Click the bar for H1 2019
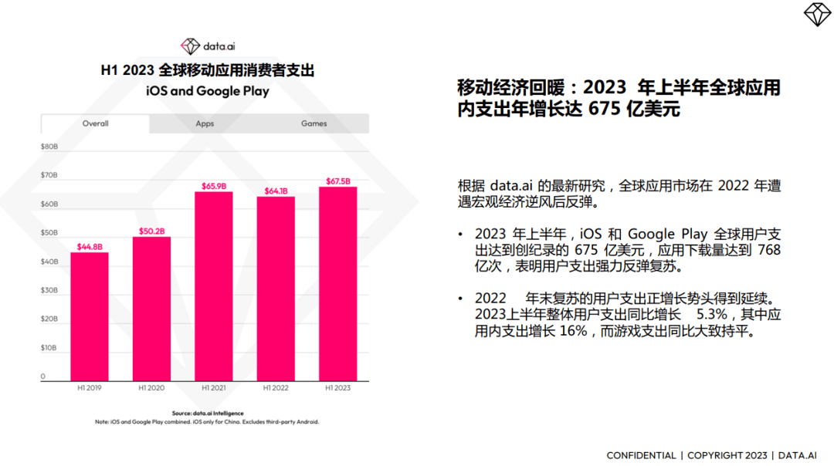click(x=90, y=316)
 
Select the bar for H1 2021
click(x=214, y=285)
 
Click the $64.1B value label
click(x=276, y=191)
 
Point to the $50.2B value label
click(x=151, y=231)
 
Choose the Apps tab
click(x=205, y=123)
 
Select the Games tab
click(x=314, y=123)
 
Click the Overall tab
click(x=96, y=123)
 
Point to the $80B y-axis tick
click(x=49, y=146)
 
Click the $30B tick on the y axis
click(x=49, y=291)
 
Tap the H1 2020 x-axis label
click(x=151, y=388)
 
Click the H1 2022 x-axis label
click(x=276, y=388)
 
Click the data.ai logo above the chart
click(x=208, y=46)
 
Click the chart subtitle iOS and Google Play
click(x=208, y=91)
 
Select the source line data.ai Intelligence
click(x=207, y=414)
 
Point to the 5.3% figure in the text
click(x=712, y=315)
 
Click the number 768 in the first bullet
click(x=770, y=250)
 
